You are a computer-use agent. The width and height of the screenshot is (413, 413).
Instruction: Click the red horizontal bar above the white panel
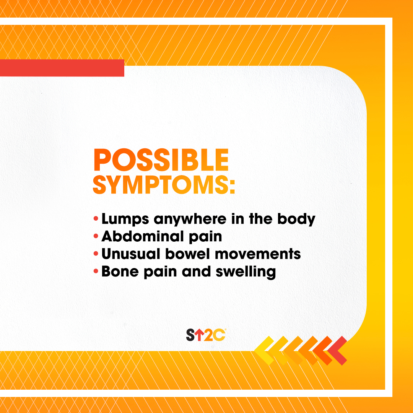[62, 68]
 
